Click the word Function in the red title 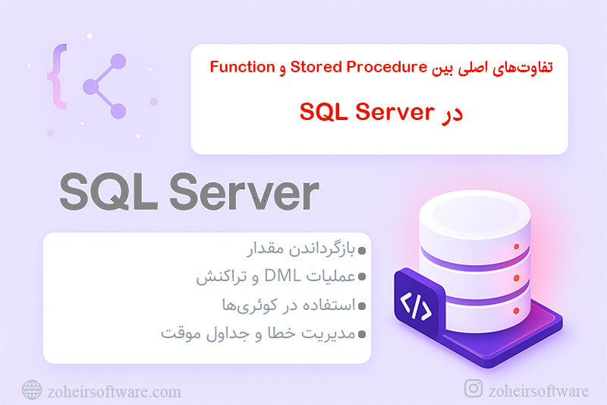(x=243, y=68)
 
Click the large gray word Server (x=244, y=194)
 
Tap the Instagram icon (x=473, y=389)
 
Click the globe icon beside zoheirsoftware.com (x=31, y=391)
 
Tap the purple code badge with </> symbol (x=415, y=305)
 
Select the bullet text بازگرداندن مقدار (x=304, y=251)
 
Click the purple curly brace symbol (x=55, y=74)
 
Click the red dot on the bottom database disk (x=514, y=310)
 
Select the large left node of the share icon (x=90, y=85)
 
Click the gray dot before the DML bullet (x=362, y=279)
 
